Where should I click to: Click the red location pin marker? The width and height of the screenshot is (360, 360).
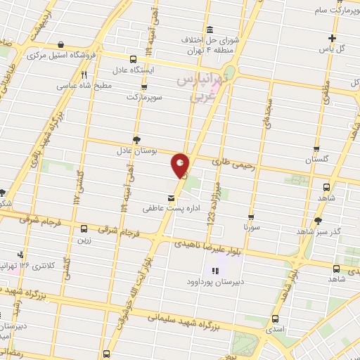coord(181,166)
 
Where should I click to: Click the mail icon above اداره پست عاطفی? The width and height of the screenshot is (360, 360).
coord(172,198)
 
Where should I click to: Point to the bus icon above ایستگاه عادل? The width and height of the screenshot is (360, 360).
coord(134,59)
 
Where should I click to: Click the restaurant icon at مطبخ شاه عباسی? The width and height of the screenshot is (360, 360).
coord(84,75)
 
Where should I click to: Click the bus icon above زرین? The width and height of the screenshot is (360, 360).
coord(84,229)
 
